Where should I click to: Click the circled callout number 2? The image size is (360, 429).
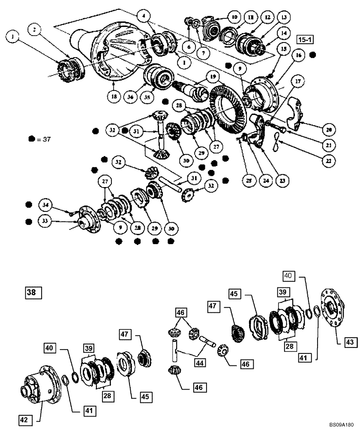coord(35,30)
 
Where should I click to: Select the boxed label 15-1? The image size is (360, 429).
coord(305,40)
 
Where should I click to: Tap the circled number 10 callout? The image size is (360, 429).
coord(234,18)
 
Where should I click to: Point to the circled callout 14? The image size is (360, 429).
coord(295,33)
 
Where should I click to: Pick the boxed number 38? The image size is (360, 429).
coord(32,293)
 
